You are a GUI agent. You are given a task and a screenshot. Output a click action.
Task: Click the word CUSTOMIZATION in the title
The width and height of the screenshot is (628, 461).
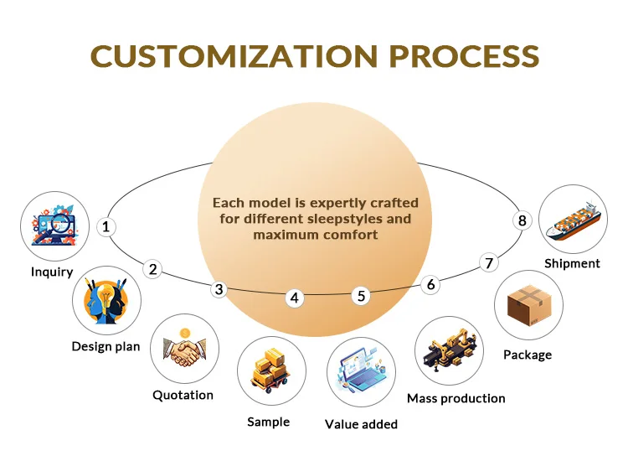(234, 55)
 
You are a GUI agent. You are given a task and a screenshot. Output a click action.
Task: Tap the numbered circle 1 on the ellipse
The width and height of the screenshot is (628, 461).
(106, 227)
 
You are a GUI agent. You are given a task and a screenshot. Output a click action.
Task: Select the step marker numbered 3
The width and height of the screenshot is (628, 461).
(219, 289)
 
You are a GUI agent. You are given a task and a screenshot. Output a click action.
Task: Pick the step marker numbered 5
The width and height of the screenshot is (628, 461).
(361, 296)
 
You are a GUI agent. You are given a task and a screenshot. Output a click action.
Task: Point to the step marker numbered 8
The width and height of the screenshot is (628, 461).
(522, 220)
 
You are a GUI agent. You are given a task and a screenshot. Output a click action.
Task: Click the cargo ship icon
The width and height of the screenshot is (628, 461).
(574, 220)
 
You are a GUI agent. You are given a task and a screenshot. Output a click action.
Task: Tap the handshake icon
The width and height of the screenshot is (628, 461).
(185, 351)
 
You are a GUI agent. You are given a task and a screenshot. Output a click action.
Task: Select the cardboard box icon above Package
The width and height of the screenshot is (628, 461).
(529, 305)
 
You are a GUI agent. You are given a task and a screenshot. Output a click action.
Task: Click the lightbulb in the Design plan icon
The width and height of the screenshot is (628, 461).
(106, 296)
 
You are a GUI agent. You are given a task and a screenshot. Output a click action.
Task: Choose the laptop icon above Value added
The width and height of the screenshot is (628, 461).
(361, 370)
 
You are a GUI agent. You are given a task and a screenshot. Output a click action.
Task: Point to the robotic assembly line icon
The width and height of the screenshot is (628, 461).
(450, 350)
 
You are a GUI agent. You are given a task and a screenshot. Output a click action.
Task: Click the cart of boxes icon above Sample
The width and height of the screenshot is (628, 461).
(271, 370)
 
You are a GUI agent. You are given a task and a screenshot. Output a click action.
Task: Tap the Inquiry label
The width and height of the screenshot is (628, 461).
(52, 272)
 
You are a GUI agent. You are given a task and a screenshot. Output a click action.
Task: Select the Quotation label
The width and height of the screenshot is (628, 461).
(183, 396)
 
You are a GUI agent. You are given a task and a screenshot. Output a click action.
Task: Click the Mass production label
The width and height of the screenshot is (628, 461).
(456, 398)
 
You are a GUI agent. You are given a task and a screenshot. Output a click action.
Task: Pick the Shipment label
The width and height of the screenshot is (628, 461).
(573, 263)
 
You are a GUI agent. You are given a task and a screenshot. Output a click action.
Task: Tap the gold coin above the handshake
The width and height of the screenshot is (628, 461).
(185, 333)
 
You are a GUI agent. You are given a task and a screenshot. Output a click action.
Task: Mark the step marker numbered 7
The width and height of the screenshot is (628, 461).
(489, 263)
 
